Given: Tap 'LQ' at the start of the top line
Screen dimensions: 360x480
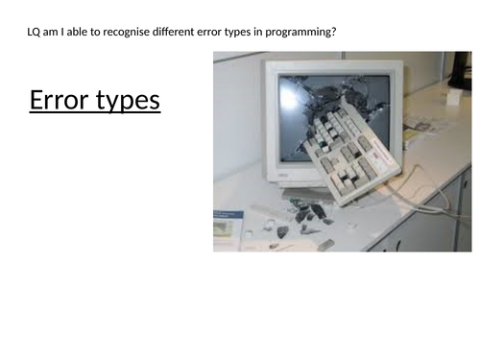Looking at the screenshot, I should (36, 34).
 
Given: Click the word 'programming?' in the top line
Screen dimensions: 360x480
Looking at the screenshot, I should (302, 34).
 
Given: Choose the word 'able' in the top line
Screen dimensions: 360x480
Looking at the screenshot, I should (80, 34).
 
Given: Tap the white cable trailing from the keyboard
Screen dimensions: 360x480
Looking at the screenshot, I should (422, 192).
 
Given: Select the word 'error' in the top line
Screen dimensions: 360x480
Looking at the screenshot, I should (212, 34).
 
